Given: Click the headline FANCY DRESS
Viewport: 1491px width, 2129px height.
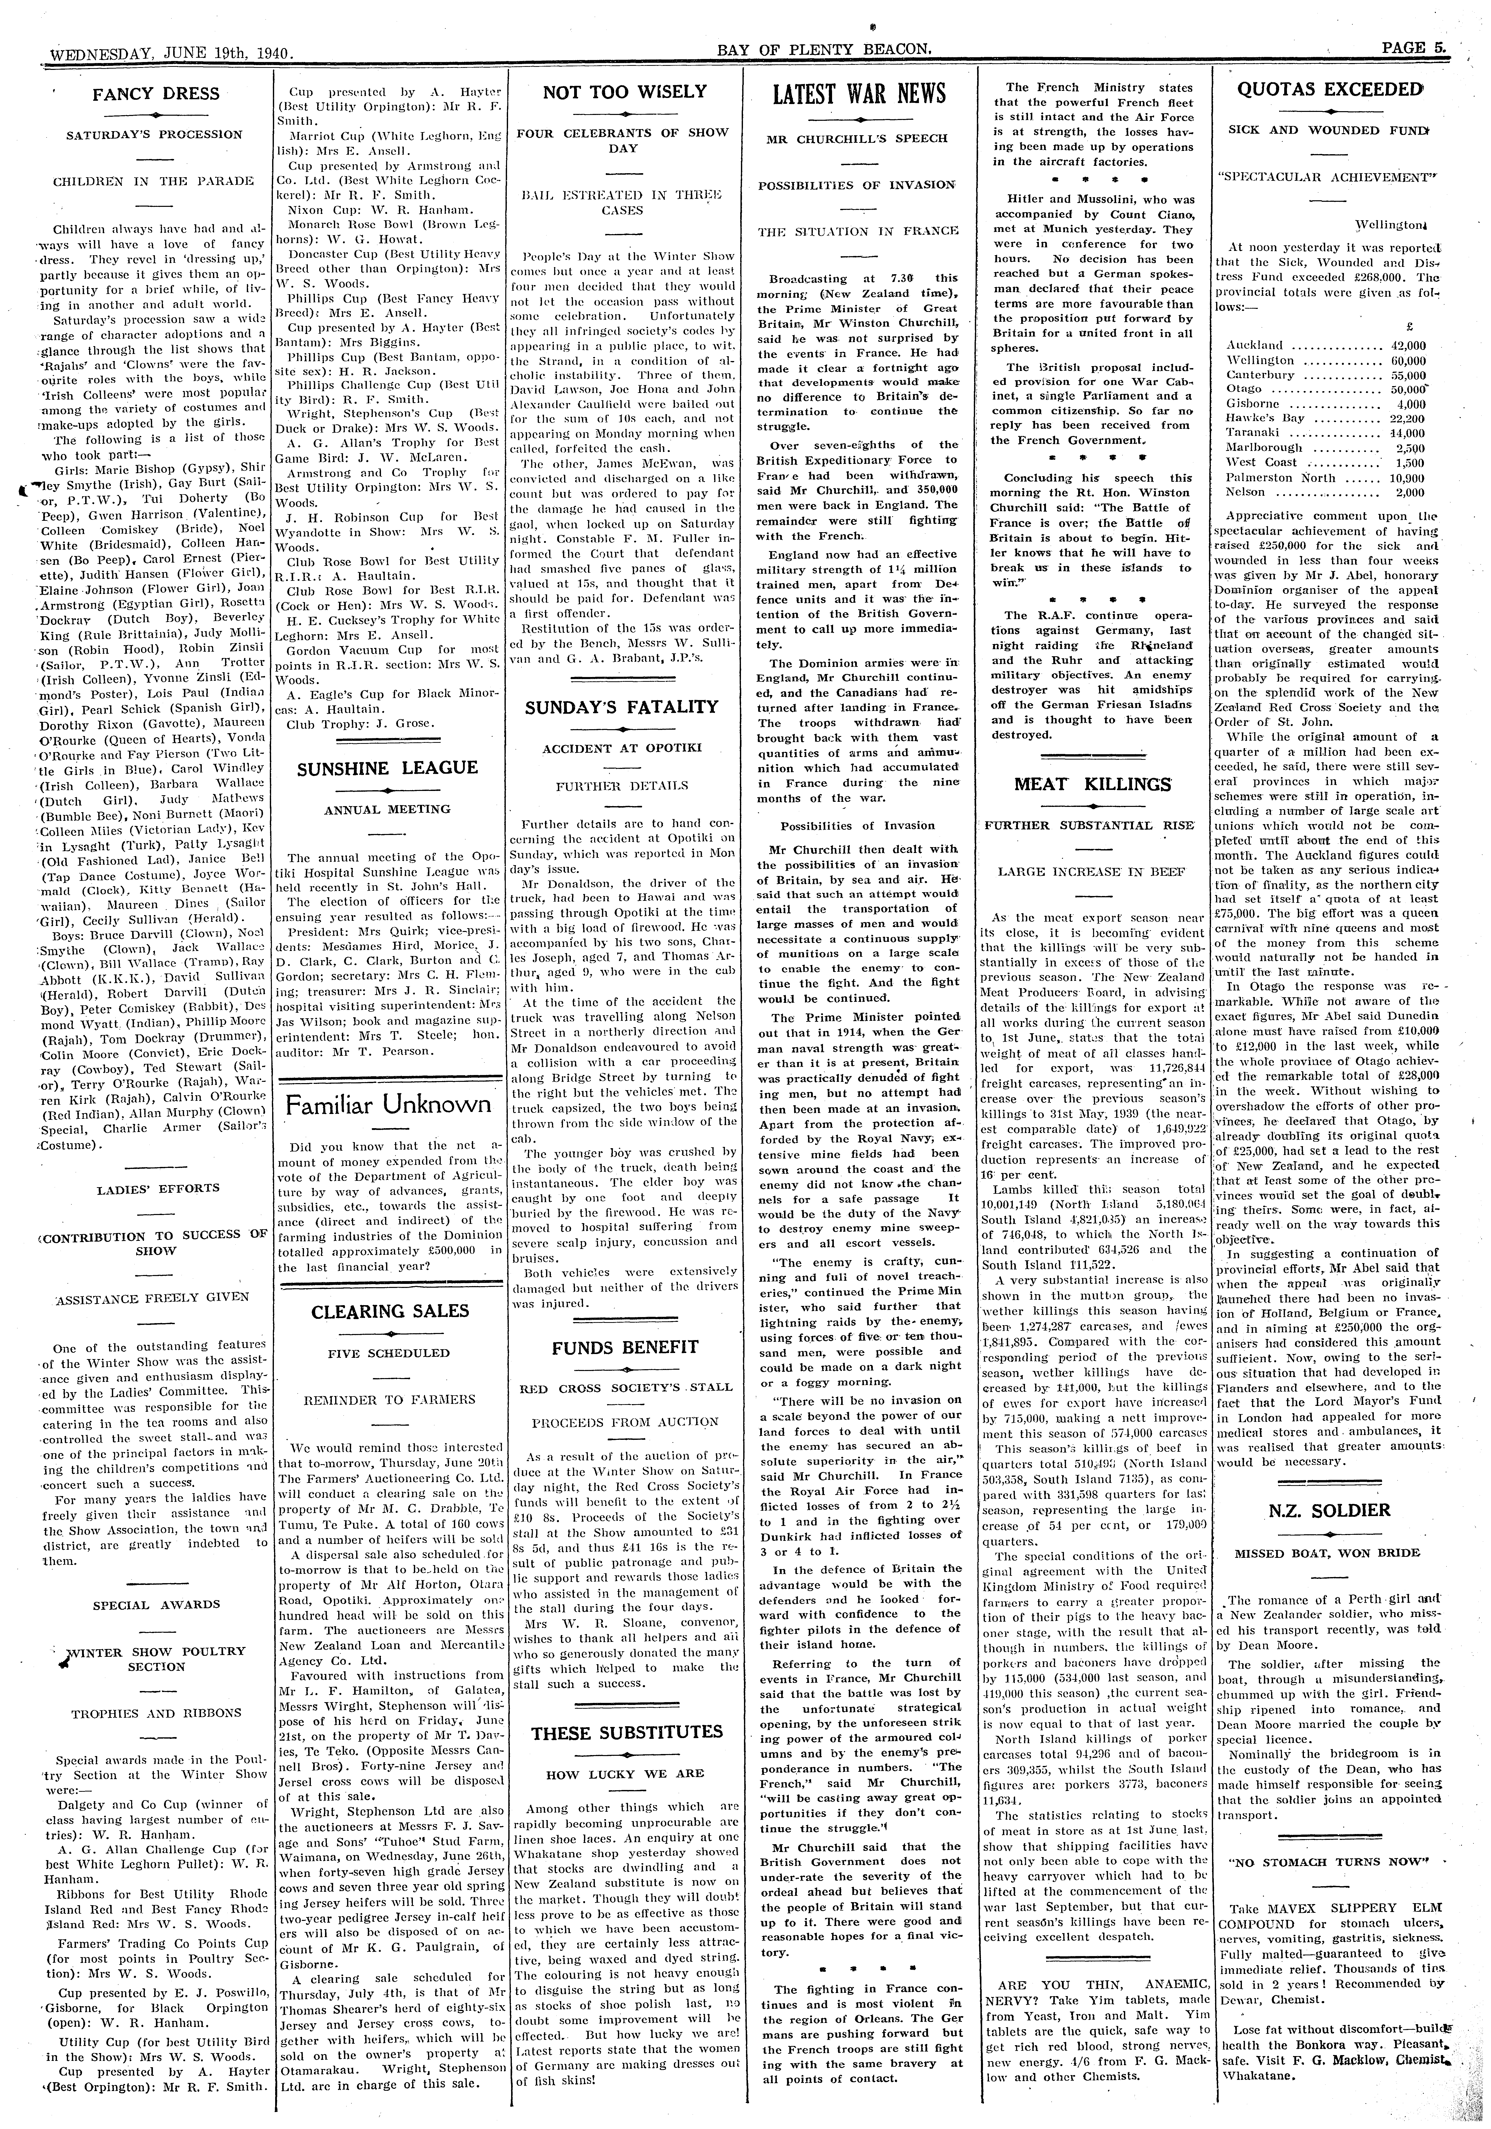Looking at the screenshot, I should click(156, 94).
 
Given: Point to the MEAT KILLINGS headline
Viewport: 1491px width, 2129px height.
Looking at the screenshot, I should click(1091, 784).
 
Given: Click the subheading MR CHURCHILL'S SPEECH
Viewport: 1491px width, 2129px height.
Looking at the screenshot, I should click(858, 138).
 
